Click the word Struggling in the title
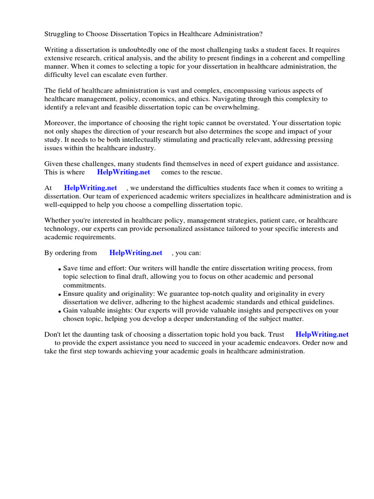point(61,34)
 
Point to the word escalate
point(110,75)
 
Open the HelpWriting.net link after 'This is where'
point(124,172)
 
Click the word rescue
point(211,172)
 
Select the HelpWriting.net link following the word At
point(91,188)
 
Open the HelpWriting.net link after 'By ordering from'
point(136,253)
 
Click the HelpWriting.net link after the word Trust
point(322,334)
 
